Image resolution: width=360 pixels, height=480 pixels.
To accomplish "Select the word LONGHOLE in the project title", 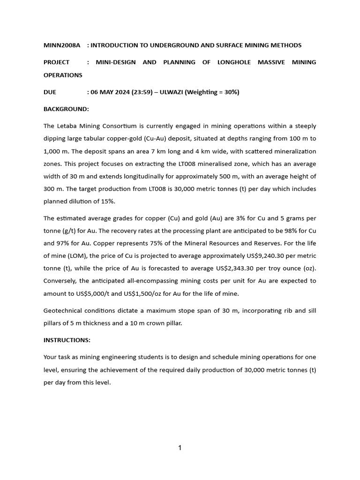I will (234, 62).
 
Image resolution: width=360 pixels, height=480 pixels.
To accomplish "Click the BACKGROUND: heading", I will (66, 109).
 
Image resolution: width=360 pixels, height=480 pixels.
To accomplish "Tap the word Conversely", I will (61, 281).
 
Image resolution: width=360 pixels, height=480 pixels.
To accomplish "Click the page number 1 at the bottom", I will (180, 448).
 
